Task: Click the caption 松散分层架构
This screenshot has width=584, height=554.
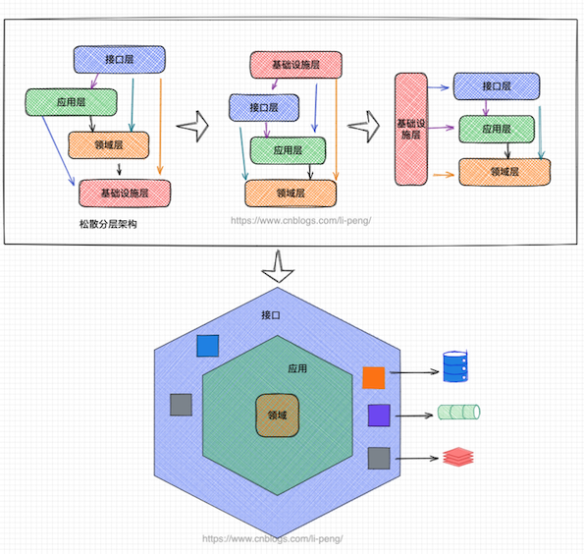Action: tap(108, 224)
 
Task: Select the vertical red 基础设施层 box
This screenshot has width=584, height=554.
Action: tap(411, 129)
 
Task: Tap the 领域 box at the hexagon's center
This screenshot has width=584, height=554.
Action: tap(277, 415)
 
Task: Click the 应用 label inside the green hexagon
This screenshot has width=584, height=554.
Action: tap(297, 368)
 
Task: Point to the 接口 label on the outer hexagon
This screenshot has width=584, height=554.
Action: tap(270, 315)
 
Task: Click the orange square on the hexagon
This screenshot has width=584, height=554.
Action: tap(374, 377)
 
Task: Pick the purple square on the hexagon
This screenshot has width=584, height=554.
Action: tap(379, 415)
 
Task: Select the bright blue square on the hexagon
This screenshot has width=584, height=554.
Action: tap(208, 346)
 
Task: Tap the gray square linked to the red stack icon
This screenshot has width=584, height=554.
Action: tap(379, 458)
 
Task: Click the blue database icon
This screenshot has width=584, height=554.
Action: tap(455, 366)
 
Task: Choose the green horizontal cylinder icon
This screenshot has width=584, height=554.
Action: tap(459, 413)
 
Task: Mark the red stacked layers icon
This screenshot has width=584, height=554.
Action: tap(458, 457)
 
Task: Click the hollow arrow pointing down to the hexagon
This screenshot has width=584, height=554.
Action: tap(278, 266)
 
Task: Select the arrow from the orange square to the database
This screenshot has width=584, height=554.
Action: tap(414, 371)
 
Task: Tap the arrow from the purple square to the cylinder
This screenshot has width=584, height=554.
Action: tap(414, 415)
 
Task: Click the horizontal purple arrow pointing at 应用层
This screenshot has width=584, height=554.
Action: tap(441, 128)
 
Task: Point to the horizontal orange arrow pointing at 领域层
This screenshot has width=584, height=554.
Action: tap(444, 174)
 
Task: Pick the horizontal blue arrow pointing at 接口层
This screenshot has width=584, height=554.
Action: tap(439, 87)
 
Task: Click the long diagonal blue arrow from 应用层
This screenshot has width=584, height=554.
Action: tap(59, 150)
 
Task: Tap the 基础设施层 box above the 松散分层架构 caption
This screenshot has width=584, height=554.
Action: tap(125, 194)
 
